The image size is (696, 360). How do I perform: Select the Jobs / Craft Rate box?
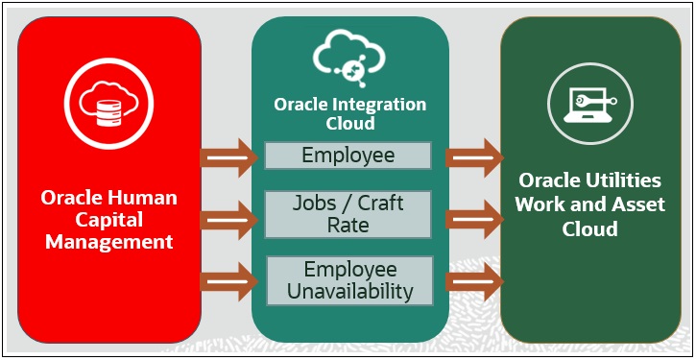pyautogui.click(x=348, y=214)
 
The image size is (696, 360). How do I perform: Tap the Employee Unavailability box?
pyautogui.click(x=349, y=280)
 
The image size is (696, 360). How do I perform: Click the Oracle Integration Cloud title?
pyautogui.click(x=349, y=114)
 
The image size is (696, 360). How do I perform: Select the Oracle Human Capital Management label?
pyautogui.click(x=108, y=219)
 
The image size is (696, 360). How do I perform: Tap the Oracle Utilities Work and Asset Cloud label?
pyautogui.click(x=589, y=204)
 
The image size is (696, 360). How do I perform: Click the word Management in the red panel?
pyautogui.click(x=108, y=242)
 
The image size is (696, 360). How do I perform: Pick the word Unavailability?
pyautogui.click(x=349, y=291)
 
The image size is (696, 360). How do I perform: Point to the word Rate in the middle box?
pyautogui.click(x=348, y=225)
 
